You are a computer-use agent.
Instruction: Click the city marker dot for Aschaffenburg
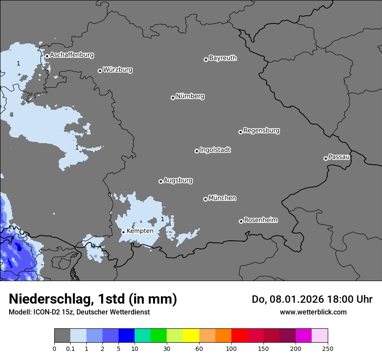(x=47, y=56)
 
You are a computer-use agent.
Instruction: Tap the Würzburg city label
(x=118, y=70)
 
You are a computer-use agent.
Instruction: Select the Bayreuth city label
(x=223, y=58)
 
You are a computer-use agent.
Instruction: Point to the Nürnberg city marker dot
(x=173, y=98)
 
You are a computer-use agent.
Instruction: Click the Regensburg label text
(x=261, y=131)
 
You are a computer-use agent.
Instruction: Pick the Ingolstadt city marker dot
(x=197, y=151)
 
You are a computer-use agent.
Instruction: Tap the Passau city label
(x=339, y=157)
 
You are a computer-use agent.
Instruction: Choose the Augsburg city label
(x=178, y=180)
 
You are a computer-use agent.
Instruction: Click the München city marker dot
(x=205, y=199)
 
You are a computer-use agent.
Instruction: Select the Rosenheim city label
(x=260, y=220)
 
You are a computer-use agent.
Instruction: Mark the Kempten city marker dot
(x=123, y=232)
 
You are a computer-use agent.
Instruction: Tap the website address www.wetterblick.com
(x=313, y=312)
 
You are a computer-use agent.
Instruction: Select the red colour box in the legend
(x=239, y=336)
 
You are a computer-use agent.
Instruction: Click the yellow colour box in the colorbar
(x=191, y=336)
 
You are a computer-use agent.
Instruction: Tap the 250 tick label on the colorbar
(x=328, y=348)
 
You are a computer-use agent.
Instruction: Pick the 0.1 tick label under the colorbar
(x=70, y=348)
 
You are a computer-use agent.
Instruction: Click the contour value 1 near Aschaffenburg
(x=18, y=64)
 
